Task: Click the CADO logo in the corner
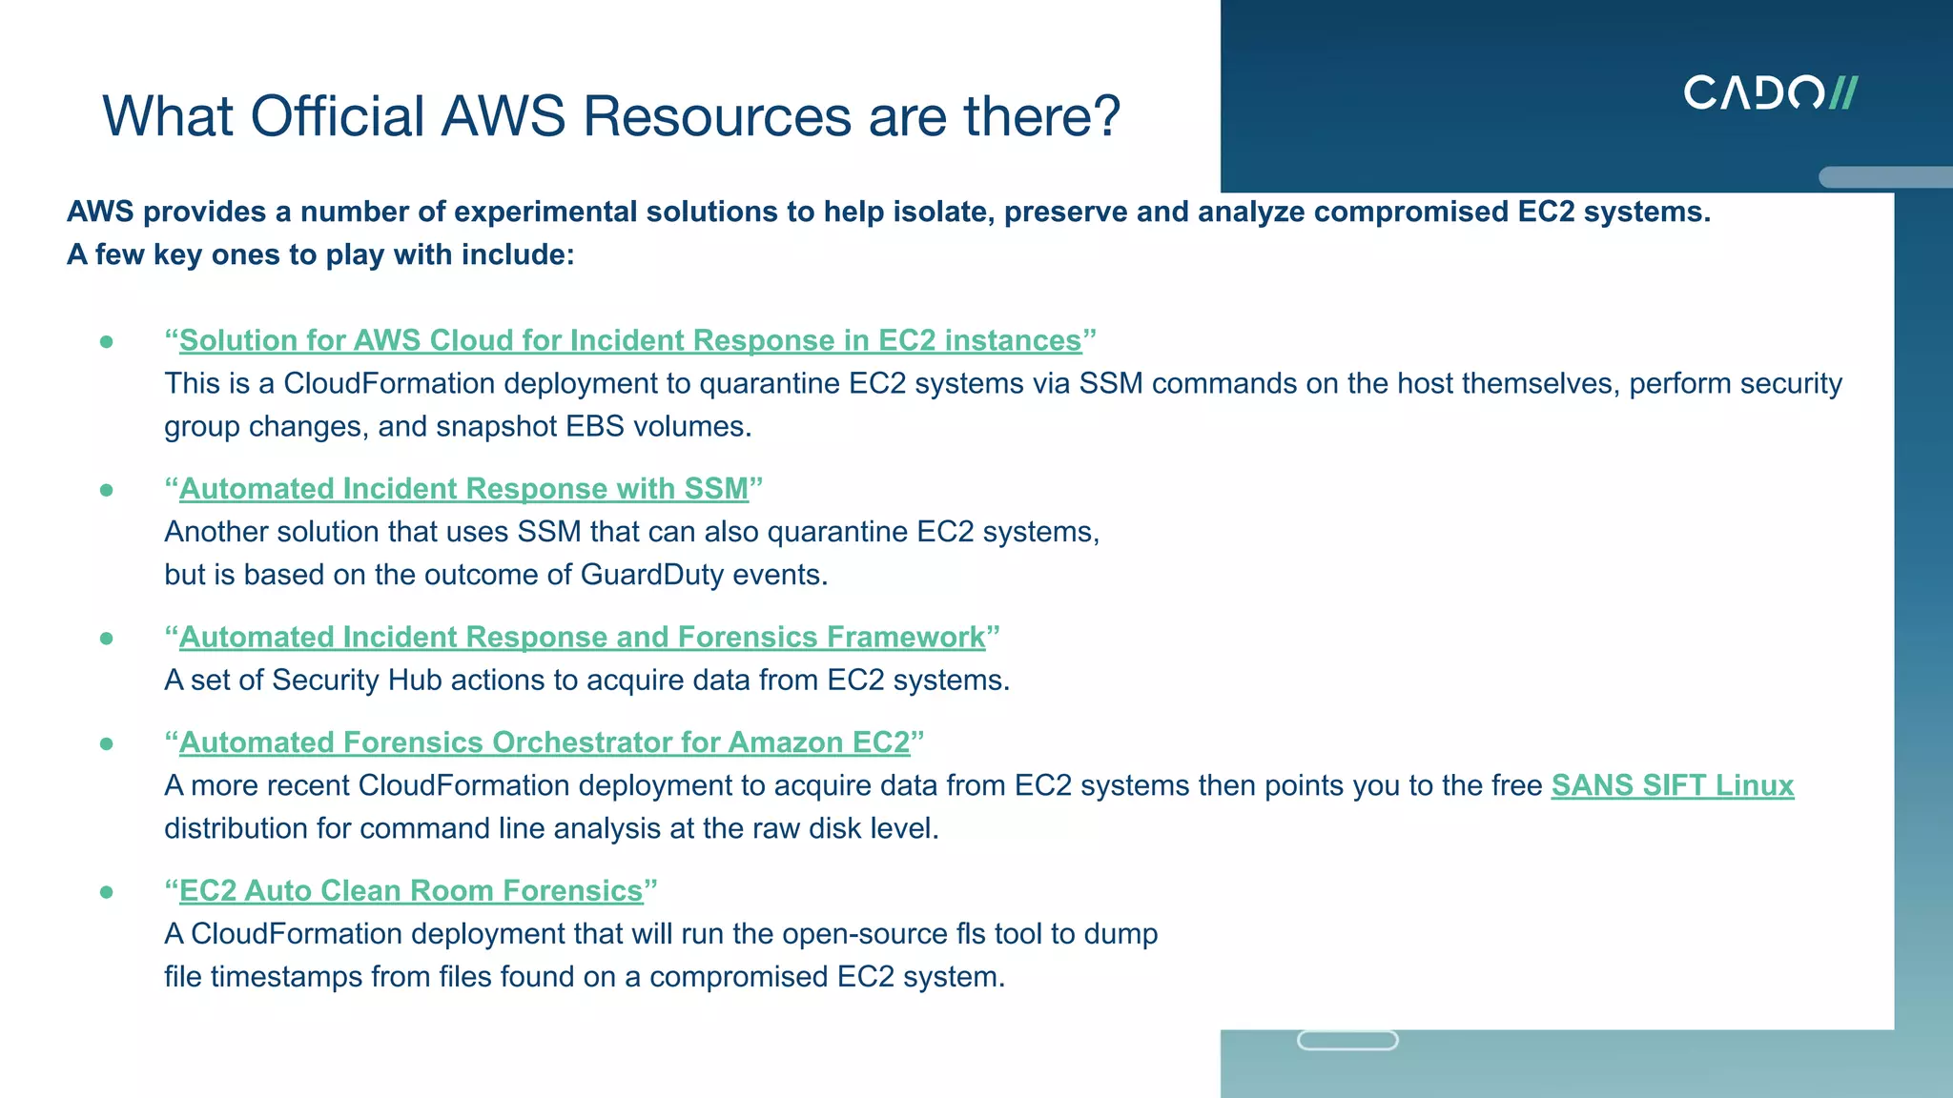tap(1769, 92)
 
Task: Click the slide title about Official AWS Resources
tap(611, 116)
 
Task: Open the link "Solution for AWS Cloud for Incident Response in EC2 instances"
tap(630, 340)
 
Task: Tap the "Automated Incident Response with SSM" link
tap(463, 489)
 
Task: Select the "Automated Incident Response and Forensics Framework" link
tap(582, 637)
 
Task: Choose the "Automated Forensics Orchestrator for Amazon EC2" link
tap(545, 742)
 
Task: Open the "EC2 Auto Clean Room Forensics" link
tap(411, 890)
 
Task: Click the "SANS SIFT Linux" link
tap(1672, 785)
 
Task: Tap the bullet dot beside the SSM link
tap(107, 490)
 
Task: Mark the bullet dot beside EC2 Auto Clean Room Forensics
tap(107, 892)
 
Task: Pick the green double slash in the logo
tap(1842, 92)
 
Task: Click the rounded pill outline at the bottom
tap(1347, 1040)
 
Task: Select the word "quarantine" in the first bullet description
tap(769, 383)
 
